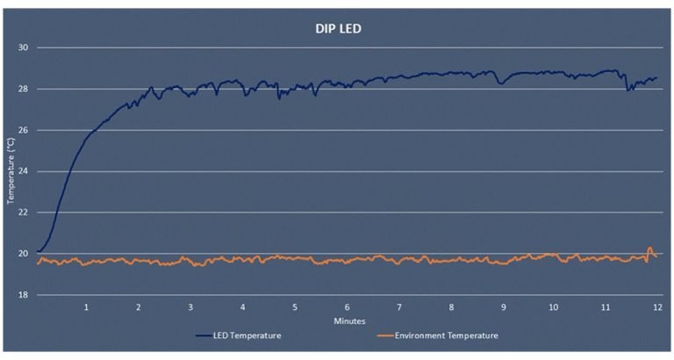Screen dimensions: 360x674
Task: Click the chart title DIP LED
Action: coord(338,28)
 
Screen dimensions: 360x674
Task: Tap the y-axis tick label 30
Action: coord(24,47)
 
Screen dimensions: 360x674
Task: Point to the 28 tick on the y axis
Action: coord(24,89)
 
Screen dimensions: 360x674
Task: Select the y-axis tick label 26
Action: coord(24,130)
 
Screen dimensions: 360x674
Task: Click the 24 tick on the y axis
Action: coord(24,171)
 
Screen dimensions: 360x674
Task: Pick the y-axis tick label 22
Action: coord(24,212)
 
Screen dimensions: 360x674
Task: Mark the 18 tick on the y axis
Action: coord(24,295)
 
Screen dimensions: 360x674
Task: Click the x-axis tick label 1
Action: coord(87,308)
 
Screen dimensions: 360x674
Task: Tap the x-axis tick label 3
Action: coord(190,308)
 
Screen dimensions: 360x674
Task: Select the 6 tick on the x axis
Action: coord(347,308)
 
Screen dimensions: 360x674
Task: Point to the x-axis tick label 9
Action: coord(503,308)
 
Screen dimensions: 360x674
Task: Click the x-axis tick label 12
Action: coord(657,308)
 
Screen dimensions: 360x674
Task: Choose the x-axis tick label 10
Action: coord(554,308)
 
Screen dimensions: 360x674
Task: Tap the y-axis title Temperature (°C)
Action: coord(11,171)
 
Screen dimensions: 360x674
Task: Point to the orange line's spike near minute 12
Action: coord(650,249)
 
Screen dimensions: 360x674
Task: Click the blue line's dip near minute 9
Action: coord(500,83)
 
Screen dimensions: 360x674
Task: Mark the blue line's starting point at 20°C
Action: coord(37,252)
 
